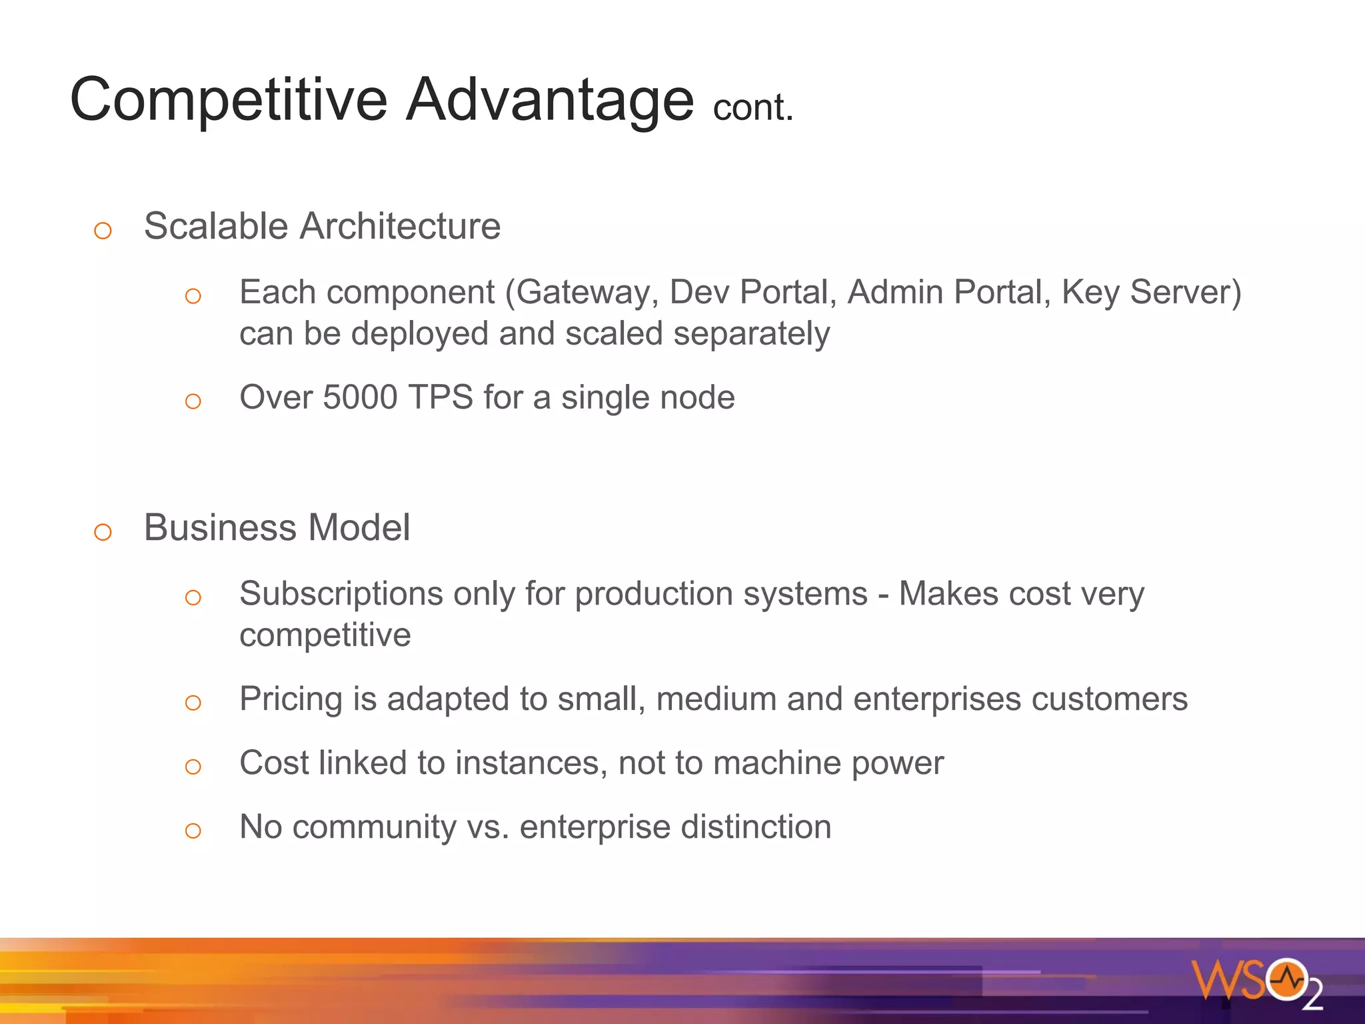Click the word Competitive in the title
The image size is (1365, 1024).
point(229,100)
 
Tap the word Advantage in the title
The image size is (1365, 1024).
point(551,100)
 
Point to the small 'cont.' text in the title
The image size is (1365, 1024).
point(753,108)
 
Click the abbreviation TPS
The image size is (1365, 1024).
point(441,397)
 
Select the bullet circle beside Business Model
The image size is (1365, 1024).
point(103,532)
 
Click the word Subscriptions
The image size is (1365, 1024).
point(341,594)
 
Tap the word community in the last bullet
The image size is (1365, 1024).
point(374,827)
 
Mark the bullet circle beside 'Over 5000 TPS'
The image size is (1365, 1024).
point(193,401)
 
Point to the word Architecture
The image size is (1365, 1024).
point(400,226)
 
